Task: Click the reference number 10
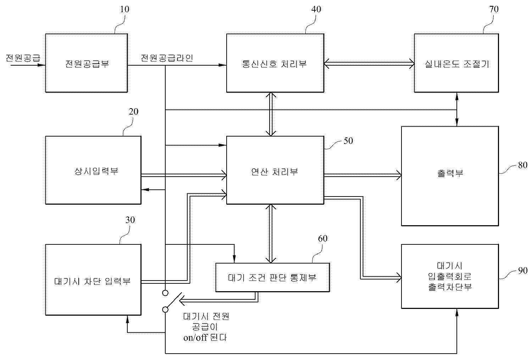[x=124, y=9]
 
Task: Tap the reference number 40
[x=316, y=9]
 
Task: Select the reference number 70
[x=493, y=9]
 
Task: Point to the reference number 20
[x=133, y=112]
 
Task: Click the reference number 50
[x=348, y=141]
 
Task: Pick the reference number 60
[x=322, y=238]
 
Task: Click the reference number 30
[x=130, y=220]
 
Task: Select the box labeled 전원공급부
[x=87, y=63]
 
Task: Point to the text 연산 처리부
[x=275, y=172]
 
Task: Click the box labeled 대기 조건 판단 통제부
[x=272, y=277]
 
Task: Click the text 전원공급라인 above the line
[x=167, y=58]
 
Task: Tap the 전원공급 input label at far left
[x=23, y=58]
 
